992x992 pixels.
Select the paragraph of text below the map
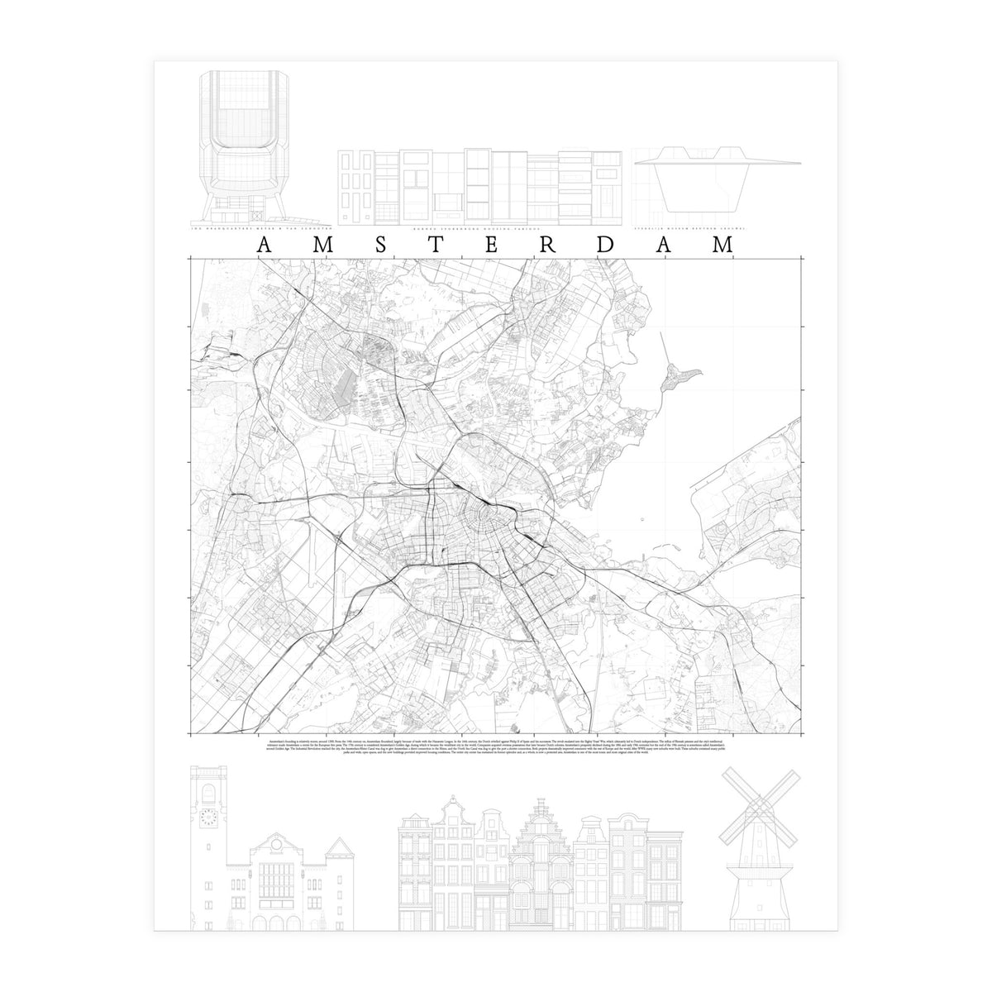(496, 748)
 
